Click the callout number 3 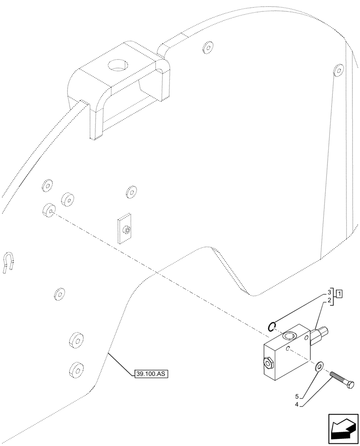[x=329, y=292]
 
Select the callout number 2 [x=329, y=301]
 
